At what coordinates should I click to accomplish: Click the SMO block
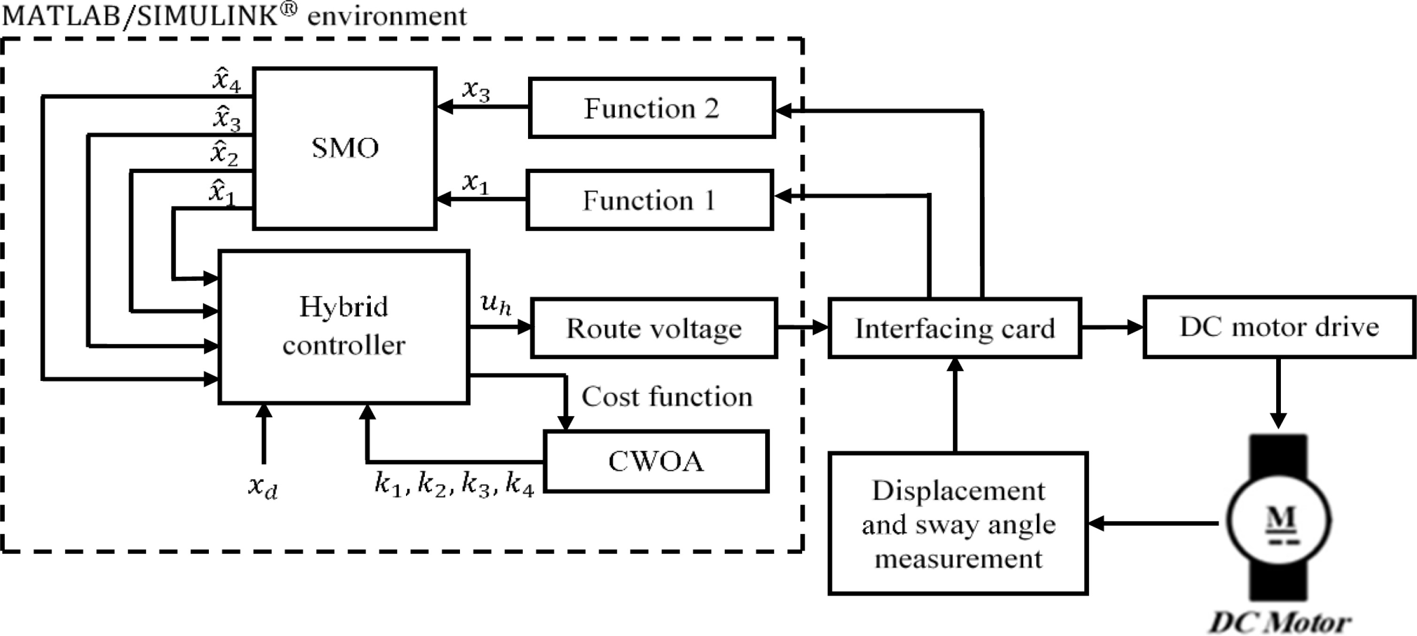coord(345,148)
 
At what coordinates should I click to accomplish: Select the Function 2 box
coord(652,108)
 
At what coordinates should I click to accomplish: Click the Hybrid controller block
coord(344,326)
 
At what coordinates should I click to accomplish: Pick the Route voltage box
coord(654,328)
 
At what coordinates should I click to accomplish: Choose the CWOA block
coord(656,461)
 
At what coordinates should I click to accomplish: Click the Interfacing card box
coord(955,328)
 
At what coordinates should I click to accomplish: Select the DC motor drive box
coord(1279,327)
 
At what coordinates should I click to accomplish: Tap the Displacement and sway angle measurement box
coord(958,523)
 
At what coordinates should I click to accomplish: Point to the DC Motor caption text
coord(1279,623)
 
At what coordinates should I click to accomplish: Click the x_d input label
coord(263,486)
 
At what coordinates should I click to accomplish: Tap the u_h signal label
coord(496,304)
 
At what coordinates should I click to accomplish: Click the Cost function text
coord(666,396)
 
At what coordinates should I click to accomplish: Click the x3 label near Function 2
coord(476,90)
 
